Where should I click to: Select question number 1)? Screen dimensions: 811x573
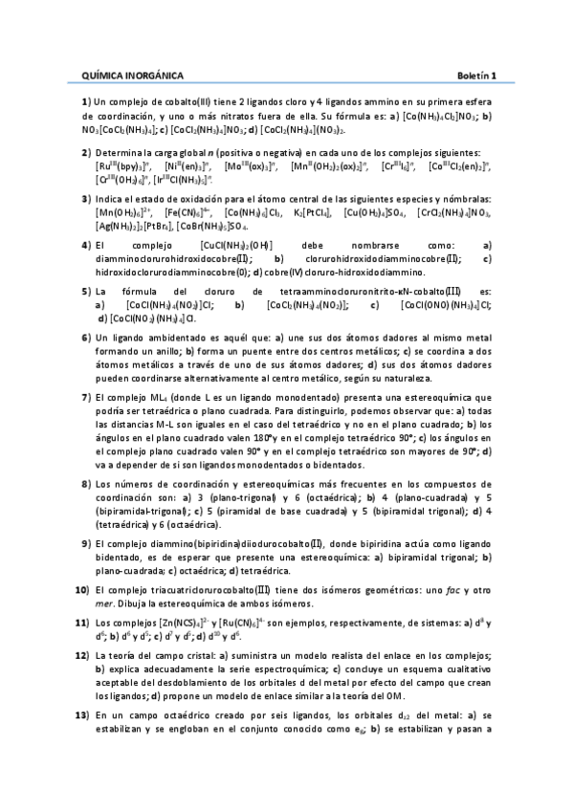[85, 101]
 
